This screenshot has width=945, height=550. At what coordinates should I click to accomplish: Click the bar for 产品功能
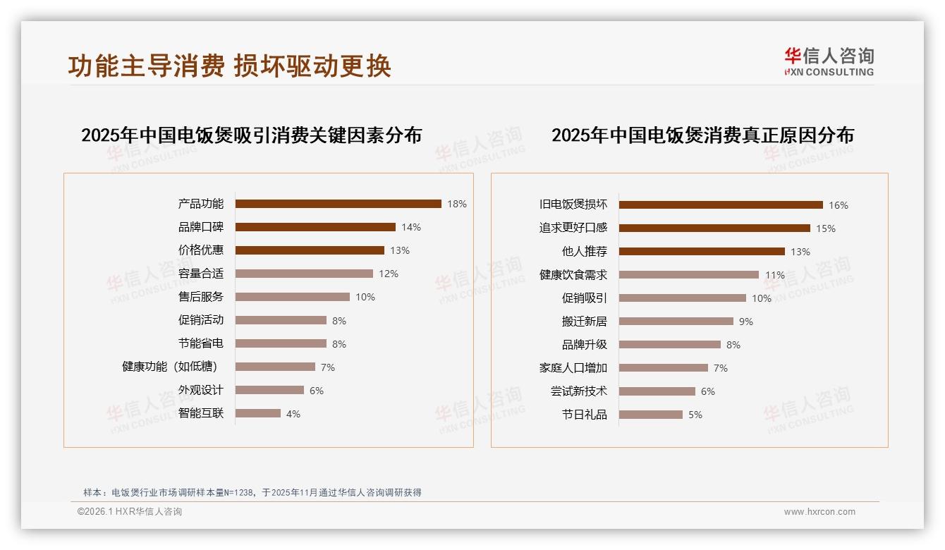click(x=338, y=204)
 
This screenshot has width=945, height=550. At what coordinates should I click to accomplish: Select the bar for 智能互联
click(x=258, y=413)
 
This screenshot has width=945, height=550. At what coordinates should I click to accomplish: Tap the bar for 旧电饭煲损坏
click(x=721, y=205)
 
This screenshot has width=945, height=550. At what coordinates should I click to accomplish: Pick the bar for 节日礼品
click(x=651, y=415)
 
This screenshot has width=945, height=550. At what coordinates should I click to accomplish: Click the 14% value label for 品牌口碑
click(x=411, y=227)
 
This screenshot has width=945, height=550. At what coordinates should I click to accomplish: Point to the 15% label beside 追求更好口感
click(x=826, y=228)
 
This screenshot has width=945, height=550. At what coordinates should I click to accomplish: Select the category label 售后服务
click(x=201, y=297)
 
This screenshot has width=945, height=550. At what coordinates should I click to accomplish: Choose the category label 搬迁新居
click(x=584, y=322)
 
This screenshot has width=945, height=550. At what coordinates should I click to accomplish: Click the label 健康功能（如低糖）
click(x=170, y=367)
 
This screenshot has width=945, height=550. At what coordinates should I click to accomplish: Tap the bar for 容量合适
click(x=304, y=274)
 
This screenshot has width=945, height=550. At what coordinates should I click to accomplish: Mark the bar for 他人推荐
click(x=702, y=252)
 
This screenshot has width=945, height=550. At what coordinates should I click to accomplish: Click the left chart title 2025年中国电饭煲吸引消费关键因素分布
click(x=251, y=135)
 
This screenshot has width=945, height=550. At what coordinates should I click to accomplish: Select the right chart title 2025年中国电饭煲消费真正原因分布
click(x=702, y=135)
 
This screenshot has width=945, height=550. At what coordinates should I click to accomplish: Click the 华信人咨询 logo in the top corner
click(x=829, y=61)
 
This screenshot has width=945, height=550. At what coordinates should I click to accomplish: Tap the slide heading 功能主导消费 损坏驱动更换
click(x=229, y=66)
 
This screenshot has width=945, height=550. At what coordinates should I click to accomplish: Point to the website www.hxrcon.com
click(x=819, y=512)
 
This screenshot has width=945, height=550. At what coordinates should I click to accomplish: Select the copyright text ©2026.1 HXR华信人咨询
click(x=130, y=512)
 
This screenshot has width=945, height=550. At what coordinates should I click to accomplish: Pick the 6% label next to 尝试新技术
click(x=708, y=391)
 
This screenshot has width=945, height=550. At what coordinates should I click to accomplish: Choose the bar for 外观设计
click(x=269, y=390)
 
